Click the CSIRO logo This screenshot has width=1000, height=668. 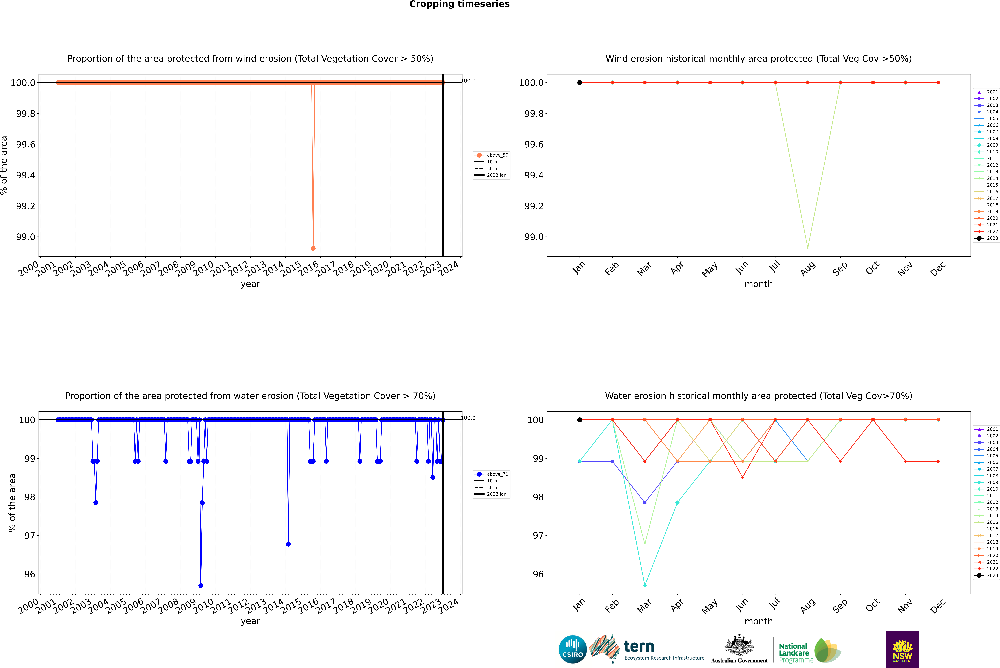click(x=573, y=649)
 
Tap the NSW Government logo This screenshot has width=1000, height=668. click(x=902, y=649)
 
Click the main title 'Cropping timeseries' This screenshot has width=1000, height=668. click(x=459, y=4)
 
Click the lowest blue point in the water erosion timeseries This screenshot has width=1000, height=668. click(x=201, y=585)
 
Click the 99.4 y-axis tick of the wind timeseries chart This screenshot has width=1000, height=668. click(x=26, y=175)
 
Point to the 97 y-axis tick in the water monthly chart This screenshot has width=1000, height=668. click(x=538, y=536)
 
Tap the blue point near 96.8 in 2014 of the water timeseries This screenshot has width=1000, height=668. click(x=289, y=544)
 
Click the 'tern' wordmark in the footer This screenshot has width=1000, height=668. click(x=639, y=646)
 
